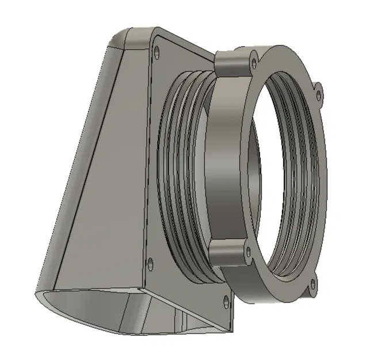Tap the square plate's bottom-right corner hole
click(225, 298)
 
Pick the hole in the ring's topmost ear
click(254, 55)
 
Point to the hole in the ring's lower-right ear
click(312, 283)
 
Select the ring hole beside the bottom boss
click(248, 251)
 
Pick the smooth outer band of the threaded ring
click(224, 161)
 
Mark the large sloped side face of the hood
click(104, 173)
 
